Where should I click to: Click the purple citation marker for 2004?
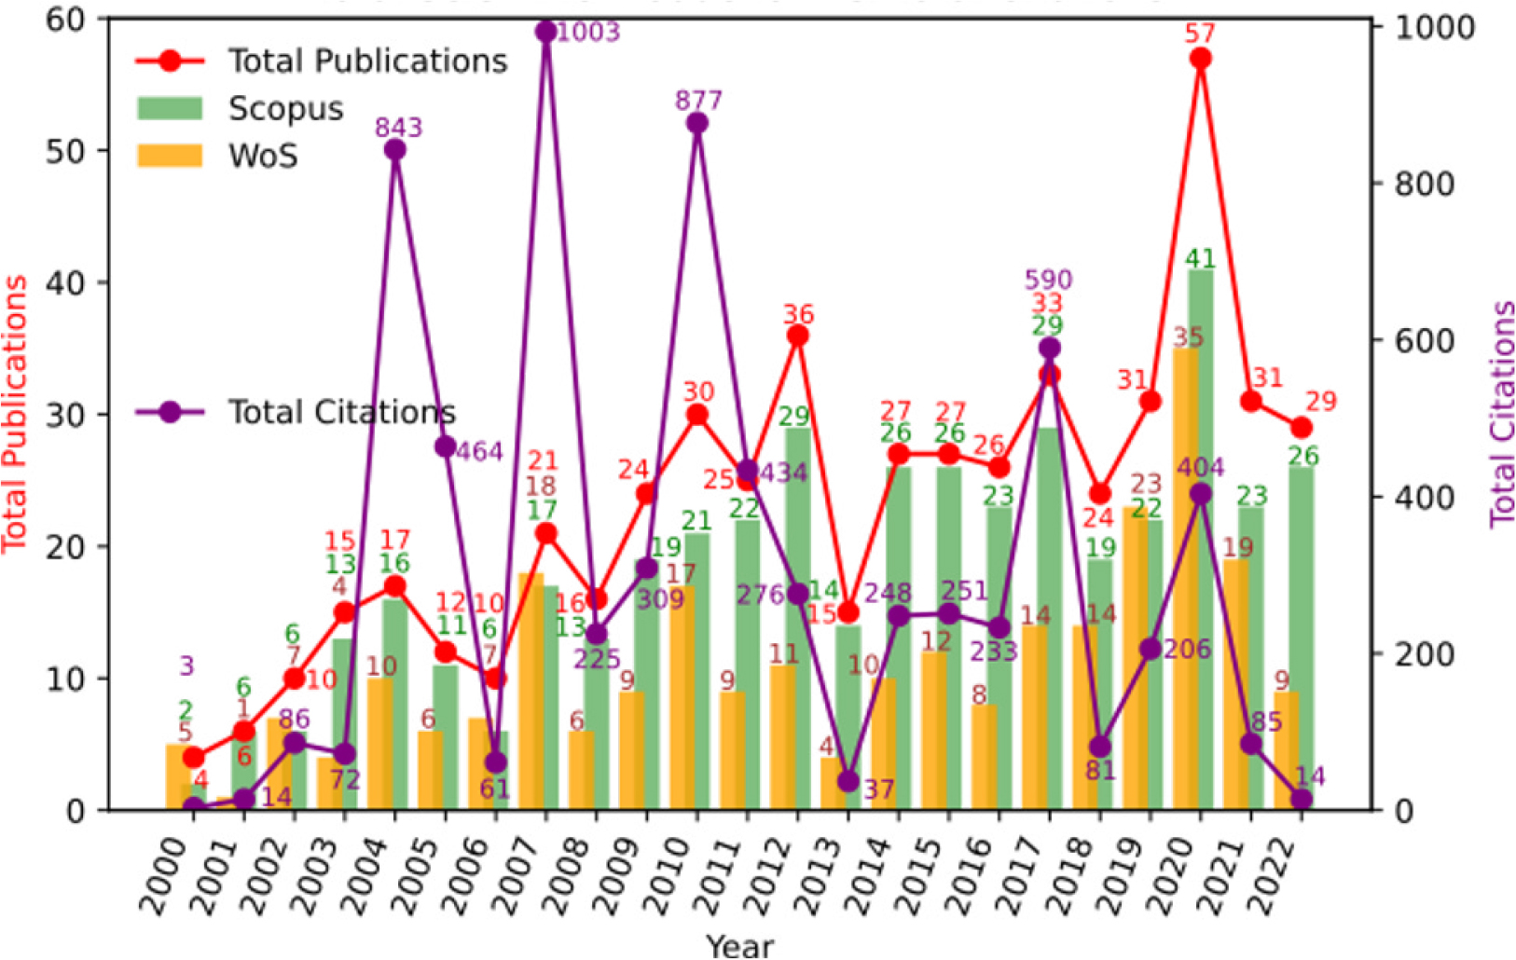pos(395,150)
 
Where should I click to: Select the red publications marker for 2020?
pos(1201,59)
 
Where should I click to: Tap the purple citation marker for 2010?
pos(697,124)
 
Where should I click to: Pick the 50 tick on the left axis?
pos(64,151)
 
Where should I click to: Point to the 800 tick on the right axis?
pos(1424,185)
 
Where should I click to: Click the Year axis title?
pos(739,946)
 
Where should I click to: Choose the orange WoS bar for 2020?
pos(1185,578)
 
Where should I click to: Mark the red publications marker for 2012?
pos(797,336)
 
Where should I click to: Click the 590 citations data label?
pos(1048,280)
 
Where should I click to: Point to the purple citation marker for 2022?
pos(1302,799)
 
